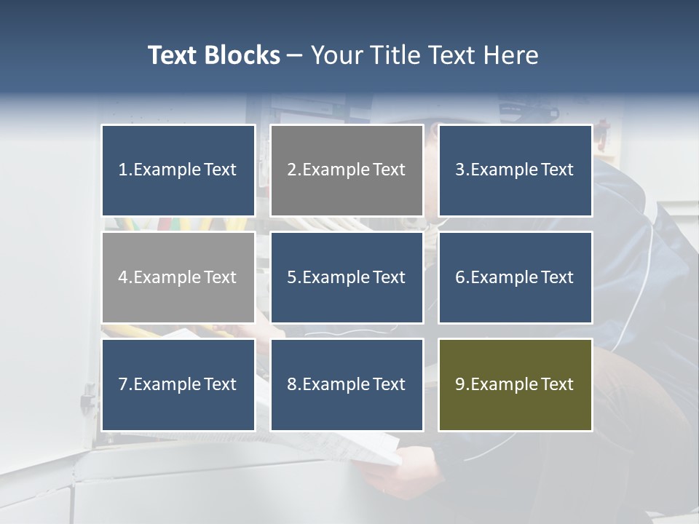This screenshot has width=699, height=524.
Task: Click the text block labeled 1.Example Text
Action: [x=178, y=170]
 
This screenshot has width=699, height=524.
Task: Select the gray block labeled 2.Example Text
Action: [x=347, y=170]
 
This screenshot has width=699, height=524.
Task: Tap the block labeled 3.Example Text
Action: [x=516, y=170]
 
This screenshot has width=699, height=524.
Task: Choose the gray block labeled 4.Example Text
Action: [x=178, y=277]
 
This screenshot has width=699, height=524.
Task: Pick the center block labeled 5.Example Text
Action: [x=347, y=277]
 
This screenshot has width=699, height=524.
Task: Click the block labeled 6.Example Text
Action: [x=516, y=277]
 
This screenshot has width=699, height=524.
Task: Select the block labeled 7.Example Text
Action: [x=178, y=384]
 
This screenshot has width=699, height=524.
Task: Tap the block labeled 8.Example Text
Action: [x=347, y=384]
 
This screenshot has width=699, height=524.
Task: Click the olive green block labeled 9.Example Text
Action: [x=516, y=384]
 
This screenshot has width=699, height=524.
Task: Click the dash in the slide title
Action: [x=295, y=55]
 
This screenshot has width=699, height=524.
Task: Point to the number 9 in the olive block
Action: [x=459, y=384]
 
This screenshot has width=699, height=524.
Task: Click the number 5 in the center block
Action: [x=291, y=277]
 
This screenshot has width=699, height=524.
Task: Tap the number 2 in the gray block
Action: [x=291, y=170]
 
